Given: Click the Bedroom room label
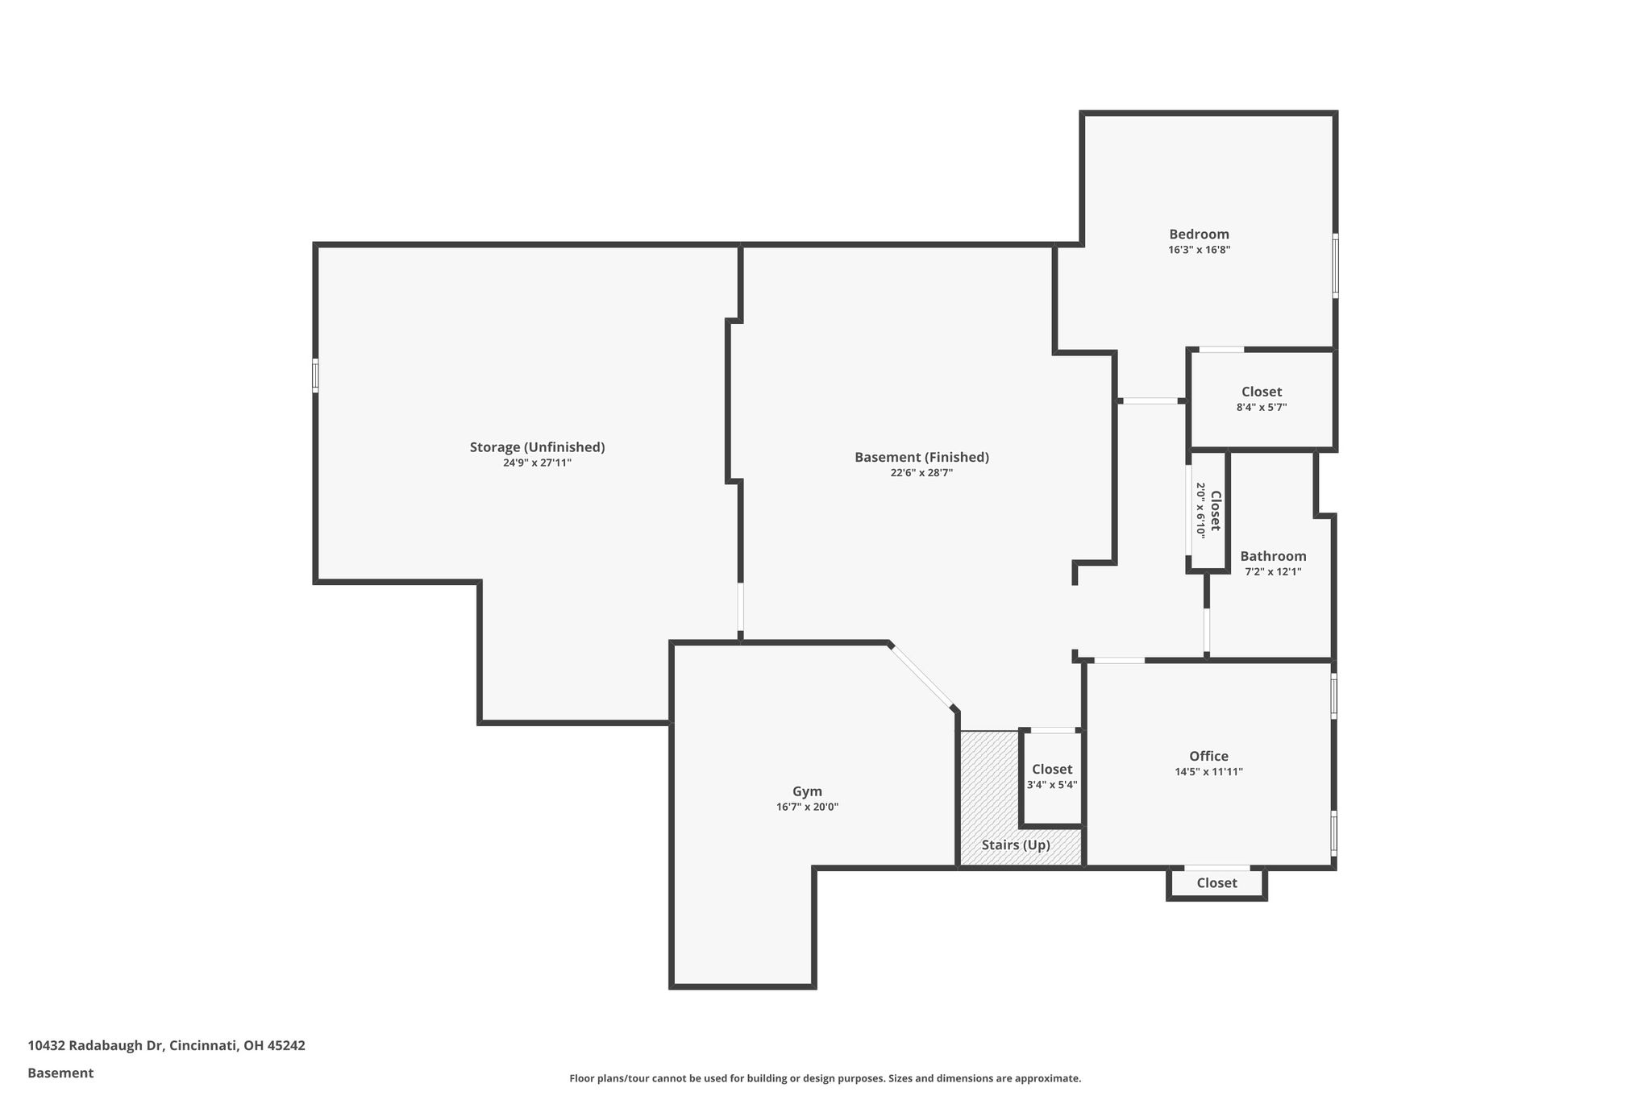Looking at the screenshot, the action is tap(1199, 235).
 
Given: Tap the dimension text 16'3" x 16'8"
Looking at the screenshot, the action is tap(1199, 250).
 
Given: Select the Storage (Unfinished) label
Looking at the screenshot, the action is tap(537, 447).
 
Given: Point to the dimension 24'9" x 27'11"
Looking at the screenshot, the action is tap(537, 463).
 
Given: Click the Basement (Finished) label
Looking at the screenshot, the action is tap(921, 458).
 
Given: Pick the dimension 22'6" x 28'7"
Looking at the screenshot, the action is tap(921, 473).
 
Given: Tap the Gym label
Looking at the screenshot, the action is tap(807, 792).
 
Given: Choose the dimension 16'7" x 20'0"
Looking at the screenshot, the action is tap(807, 807).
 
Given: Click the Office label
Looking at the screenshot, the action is tap(1208, 756).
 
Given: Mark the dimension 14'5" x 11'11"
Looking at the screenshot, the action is tap(1208, 772).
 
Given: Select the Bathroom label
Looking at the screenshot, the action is tap(1273, 556).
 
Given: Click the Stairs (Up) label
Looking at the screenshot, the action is tap(1016, 845).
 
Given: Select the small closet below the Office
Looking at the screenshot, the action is tap(1216, 883).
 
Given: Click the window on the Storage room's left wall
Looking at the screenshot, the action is tap(315, 376).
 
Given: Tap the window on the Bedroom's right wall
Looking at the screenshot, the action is tap(1335, 266).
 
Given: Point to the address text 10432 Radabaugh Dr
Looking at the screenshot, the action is tap(96, 1046).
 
